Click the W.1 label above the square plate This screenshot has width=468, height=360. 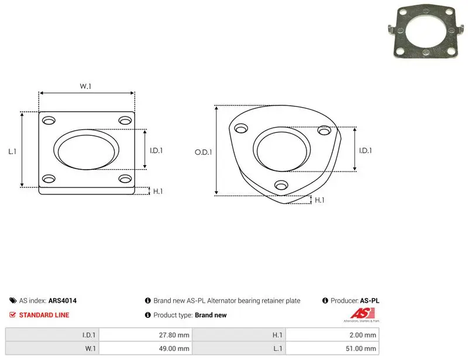85,86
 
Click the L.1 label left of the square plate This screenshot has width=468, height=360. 12,152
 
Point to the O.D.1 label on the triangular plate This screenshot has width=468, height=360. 203,152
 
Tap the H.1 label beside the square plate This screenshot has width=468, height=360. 158,191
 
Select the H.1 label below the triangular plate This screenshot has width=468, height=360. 319,200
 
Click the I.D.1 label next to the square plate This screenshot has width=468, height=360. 156,150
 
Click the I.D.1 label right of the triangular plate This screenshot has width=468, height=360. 365,150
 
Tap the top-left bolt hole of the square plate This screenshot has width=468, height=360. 49,121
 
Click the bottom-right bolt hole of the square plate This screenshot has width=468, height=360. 125,179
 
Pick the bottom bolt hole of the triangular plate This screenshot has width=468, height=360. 281,185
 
